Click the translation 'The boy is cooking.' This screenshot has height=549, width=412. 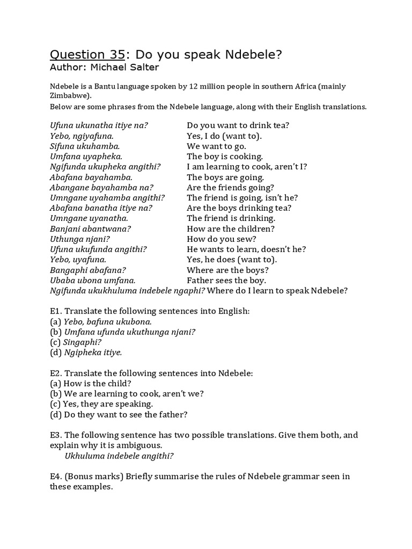tap(225, 157)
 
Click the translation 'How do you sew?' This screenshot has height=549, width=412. tap(222, 239)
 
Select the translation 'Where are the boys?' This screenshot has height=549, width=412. tap(228, 270)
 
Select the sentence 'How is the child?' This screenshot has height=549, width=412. tap(97, 383)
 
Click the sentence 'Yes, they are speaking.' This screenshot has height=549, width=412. tap(108, 404)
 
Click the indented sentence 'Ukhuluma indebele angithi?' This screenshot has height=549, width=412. tap(119, 456)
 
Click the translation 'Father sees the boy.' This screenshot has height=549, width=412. tap(226, 280)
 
